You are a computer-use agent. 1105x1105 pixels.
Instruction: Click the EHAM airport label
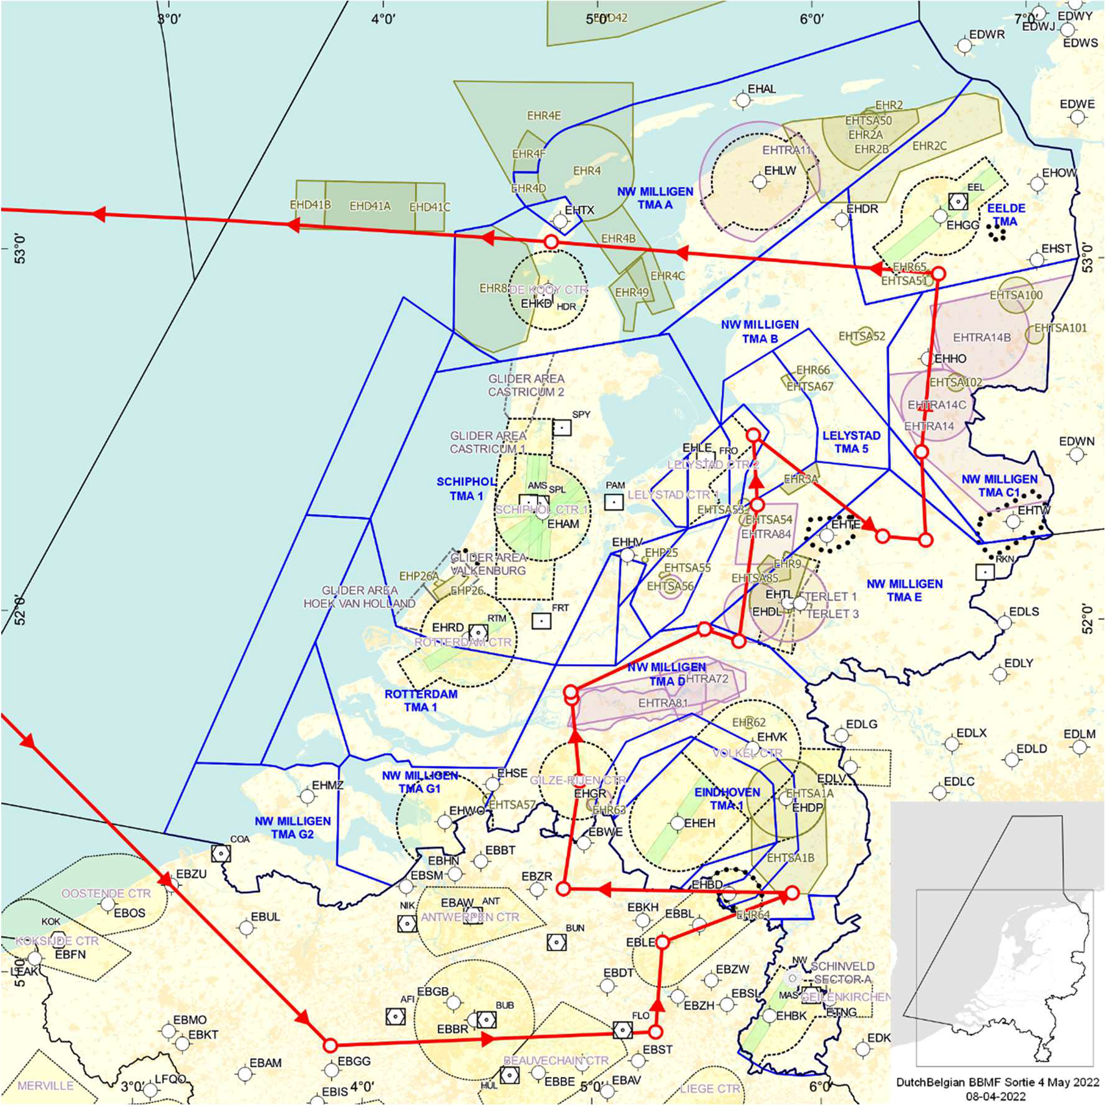click(563, 524)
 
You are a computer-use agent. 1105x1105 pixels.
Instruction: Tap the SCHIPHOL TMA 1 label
click(466, 489)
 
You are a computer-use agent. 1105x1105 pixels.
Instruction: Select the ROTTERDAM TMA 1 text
click(420, 700)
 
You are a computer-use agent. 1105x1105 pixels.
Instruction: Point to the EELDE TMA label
click(1006, 215)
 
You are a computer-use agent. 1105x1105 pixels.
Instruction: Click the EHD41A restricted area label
click(370, 206)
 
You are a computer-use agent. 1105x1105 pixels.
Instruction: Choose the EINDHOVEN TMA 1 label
click(727, 799)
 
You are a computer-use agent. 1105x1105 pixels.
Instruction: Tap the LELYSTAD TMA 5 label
click(851, 442)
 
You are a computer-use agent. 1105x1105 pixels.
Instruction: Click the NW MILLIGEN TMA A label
click(655, 198)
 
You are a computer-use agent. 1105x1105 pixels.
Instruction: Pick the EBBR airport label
click(452, 1028)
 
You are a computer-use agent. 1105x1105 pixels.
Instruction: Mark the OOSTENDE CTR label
click(106, 893)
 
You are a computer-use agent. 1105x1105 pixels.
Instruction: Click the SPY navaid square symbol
click(562, 428)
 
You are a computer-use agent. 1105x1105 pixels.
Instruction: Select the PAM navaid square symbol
click(614, 501)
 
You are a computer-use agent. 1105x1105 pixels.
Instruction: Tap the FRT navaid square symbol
click(541, 620)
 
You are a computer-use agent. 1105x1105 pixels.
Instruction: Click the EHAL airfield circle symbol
click(743, 100)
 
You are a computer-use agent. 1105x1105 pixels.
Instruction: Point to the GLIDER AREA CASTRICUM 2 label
click(526, 385)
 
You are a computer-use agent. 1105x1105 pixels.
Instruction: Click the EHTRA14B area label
click(982, 337)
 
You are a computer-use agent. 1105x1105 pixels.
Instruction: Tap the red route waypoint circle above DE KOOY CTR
click(551, 241)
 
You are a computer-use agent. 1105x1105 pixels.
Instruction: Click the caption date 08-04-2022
click(995, 1096)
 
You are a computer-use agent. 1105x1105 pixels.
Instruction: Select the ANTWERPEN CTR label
click(470, 917)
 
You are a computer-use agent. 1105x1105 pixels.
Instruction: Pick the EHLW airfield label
click(780, 170)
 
